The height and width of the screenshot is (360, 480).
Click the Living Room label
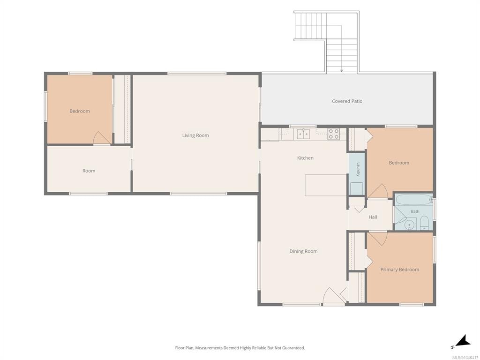pos(195,135)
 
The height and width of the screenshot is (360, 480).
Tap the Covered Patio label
pos(347,101)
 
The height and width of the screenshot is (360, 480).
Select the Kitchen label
pos(305,158)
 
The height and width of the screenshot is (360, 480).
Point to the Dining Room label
pos(303,251)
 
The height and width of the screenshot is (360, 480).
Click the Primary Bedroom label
pos(399,270)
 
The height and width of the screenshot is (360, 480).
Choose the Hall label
pos(373,217)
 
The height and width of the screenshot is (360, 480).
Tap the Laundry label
pos(358,169)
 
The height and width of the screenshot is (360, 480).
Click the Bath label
pos(415,211)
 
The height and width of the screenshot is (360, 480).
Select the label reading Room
pos(89,171)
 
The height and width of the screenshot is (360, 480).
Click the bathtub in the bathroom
pos(414,200)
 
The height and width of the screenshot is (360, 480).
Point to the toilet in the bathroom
pos(424,223)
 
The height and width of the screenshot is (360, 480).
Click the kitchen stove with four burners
pos(333,134)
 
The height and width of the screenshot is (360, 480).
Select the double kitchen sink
pos(303,134)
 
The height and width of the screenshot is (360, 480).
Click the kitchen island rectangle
pos(326,185)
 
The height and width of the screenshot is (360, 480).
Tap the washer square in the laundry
pos(357,188)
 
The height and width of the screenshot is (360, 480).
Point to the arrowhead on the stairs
pos(342,71)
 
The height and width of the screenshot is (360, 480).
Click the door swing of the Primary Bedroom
pos(378,239)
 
